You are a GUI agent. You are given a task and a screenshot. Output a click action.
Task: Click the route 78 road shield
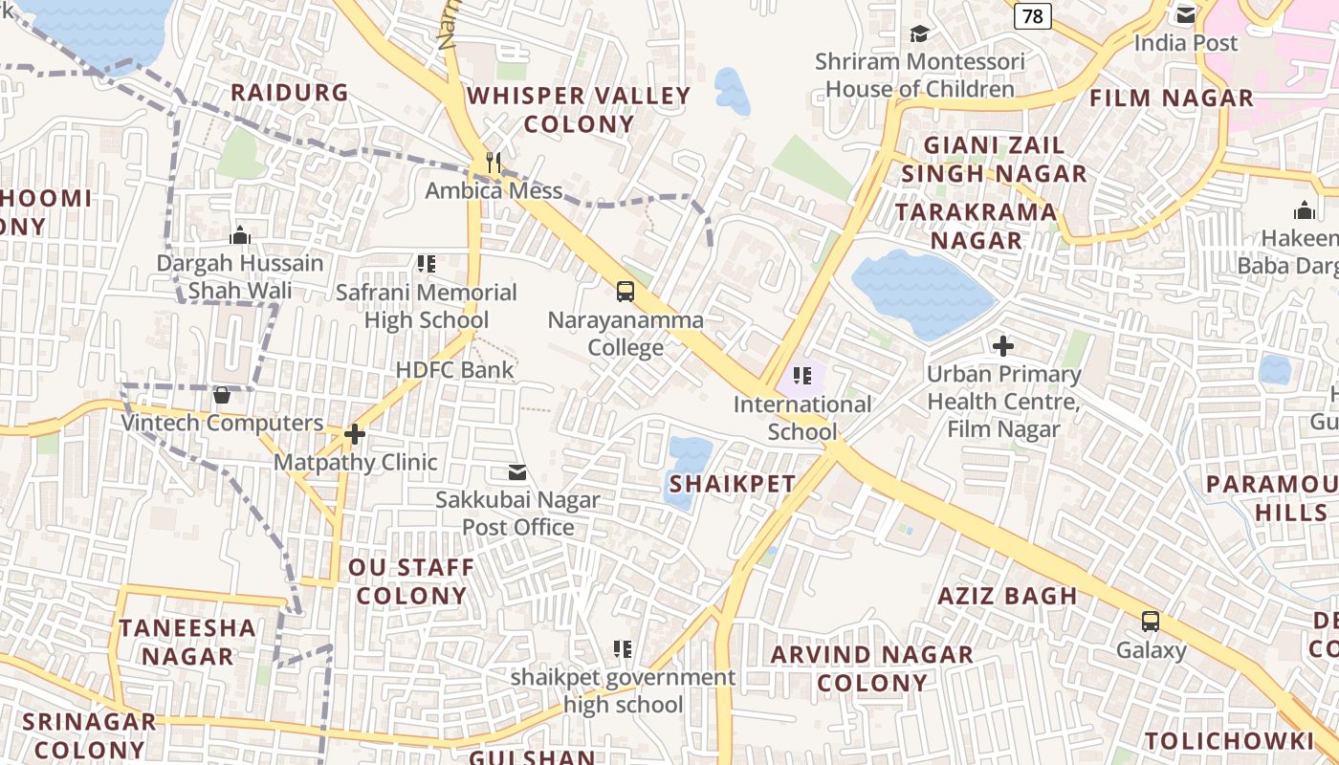1033,15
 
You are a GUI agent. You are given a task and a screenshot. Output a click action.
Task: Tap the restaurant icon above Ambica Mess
494,162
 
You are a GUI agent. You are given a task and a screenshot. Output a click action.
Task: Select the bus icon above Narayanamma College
626,292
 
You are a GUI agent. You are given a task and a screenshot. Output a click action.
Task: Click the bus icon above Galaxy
1151,622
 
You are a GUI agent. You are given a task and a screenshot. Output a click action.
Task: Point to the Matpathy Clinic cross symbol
355,434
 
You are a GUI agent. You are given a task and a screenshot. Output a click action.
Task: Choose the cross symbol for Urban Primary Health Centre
1003,345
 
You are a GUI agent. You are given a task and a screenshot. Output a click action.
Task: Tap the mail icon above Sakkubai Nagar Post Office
517,471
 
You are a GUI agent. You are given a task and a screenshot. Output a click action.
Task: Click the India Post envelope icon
1186,15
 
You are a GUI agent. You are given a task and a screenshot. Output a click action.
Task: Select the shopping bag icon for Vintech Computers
222,395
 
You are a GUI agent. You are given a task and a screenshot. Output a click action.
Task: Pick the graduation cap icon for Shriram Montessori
919,33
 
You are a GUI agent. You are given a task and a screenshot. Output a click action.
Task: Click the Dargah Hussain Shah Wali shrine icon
240,234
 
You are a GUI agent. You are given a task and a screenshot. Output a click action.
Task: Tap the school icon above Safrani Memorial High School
427,264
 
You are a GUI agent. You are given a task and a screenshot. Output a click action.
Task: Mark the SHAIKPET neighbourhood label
733,484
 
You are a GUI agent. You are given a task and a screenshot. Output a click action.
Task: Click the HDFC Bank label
454,370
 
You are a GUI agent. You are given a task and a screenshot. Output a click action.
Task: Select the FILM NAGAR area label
1172,98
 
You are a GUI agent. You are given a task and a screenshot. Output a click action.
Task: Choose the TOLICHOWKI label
1229,741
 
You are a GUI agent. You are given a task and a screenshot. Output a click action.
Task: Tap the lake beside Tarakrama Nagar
920,292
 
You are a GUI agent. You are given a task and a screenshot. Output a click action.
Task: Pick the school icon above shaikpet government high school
623,649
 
